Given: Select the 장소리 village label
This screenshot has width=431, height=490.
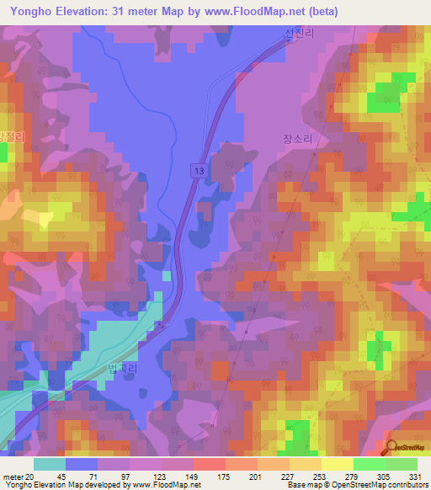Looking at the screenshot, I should (x=297, y=141).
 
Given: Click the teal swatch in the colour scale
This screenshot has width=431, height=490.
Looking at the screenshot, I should (x=50, y=464).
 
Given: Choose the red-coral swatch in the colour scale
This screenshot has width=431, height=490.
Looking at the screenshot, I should (x=209, y=464).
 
